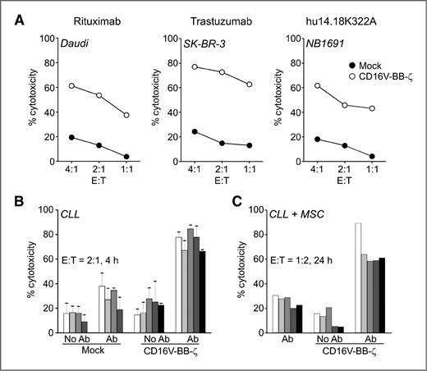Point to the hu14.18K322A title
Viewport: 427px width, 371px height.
343,15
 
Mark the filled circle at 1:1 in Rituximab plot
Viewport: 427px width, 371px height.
103,156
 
